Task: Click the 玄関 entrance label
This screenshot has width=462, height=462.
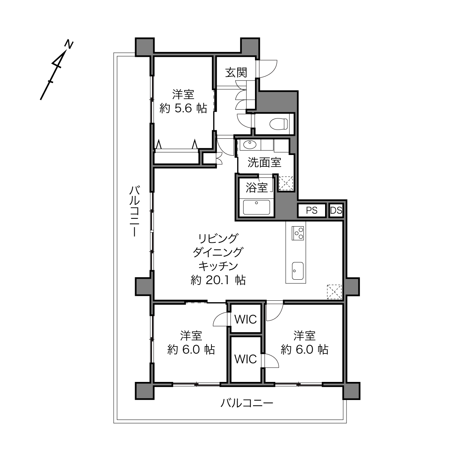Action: [x=236, y=72]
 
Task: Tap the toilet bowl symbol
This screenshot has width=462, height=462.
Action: [x=279, y=124]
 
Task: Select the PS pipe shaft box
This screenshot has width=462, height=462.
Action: [x=311, y=210]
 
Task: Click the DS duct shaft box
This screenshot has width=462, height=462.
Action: [x=336, y=210]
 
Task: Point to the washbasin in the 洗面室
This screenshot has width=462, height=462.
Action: [x=249, y=145]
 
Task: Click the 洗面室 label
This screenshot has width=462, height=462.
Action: [x=264, y=162]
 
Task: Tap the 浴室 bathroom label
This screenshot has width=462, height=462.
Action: [x=256, y=187]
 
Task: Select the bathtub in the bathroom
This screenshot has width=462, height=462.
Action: [x=256, y=207]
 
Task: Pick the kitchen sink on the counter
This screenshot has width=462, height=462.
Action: [x=297, y=271]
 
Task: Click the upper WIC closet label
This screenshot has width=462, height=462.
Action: [x=245, y=319]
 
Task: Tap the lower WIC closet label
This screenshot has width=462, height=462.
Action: [x=245, y=359]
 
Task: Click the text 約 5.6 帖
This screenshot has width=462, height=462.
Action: [x=183, y=108]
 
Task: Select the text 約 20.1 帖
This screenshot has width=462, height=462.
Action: [x=218, y=280]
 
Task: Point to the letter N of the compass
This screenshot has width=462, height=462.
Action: [x=69, y=44]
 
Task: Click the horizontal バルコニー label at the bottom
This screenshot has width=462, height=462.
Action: [x=247, y=403]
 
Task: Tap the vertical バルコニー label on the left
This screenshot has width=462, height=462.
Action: [x=134, y=211]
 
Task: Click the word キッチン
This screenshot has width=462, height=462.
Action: [x=218, y=266]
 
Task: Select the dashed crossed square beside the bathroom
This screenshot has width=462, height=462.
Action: [x=286, y=183]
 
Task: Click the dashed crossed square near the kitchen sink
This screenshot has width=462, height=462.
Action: [x=334, y=292]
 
